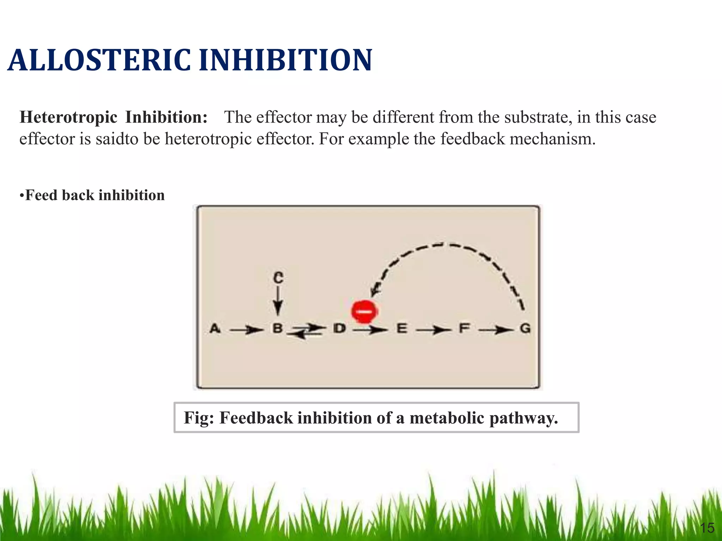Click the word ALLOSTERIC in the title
coord(99,60)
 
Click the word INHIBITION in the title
coord(286,60)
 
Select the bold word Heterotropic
coord(68,117)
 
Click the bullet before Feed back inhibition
coord(22,195)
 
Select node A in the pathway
coord(215,329)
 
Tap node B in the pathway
coord(278,329)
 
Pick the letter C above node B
coord(278,278)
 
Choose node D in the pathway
coord(339,329)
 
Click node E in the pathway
coord(402,329)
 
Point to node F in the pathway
coord(464,329)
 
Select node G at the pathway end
coord(525,329)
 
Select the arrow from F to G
coord(495,330)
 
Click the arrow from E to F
coord(433,330)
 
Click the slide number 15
coord(707,528)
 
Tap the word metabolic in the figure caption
coord(447,418)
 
